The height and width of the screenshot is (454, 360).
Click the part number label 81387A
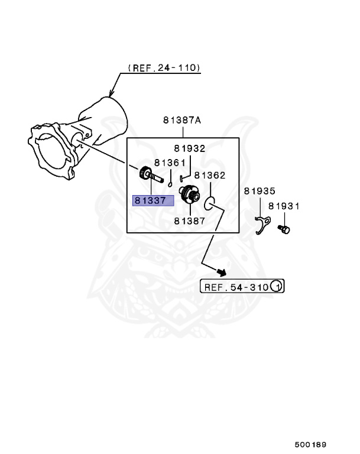[x=182, y=120]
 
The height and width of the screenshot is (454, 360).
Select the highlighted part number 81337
[x=153, y=200]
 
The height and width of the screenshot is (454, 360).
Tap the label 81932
[x=189, y=149]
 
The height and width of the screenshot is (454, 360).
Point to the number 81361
[x=170, y=162]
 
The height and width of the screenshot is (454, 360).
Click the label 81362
[x=210, y=175]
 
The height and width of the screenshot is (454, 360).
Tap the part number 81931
[x=284, y=206]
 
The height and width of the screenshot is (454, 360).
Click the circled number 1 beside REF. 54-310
[x=277, y=287]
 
